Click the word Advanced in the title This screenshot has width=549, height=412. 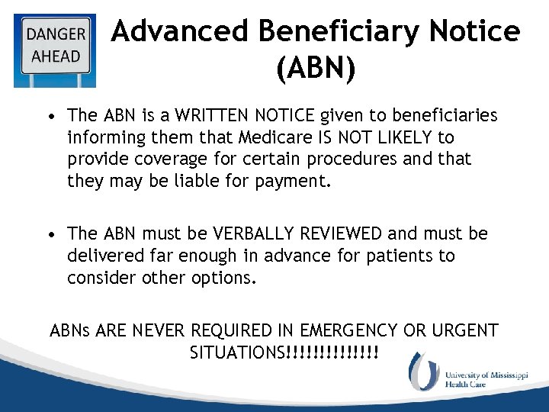click(x=180, y=32)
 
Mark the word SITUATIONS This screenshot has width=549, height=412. click(x=235, y=353)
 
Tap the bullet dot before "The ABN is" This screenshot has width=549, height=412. click(x=50, y=117)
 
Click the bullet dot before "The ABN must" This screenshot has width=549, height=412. click(x=50, y=234)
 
